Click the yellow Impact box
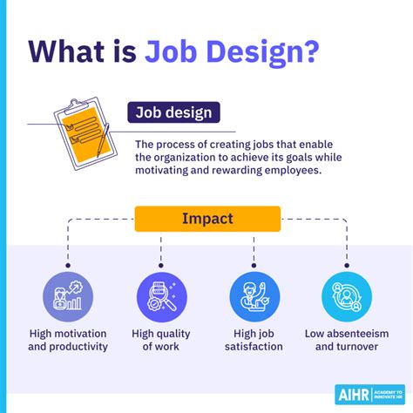tap(207, 218)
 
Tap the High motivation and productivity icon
tap(67, 297)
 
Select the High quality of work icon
tap(162, 297)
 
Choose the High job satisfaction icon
tap(254, 297)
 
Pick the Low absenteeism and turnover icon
tap(347, 297)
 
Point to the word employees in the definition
tap(288, 172)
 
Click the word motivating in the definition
tap(167, 172)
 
